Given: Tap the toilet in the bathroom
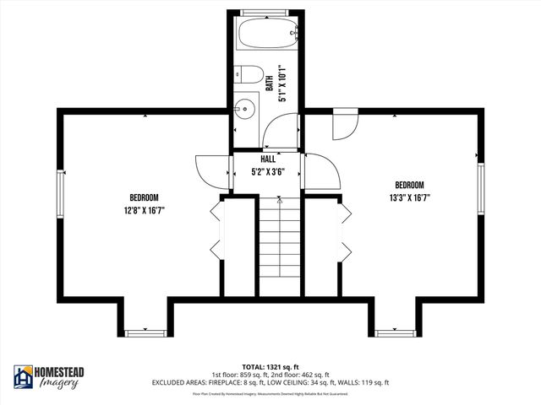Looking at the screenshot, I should click(x=246, y=75).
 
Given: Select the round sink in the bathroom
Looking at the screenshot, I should click(x=245, y=109).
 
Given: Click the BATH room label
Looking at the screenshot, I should click(x=270, y=83).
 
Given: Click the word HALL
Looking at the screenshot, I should click(x=268, y=159).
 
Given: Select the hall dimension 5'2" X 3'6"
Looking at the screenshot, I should click(x=268, y=171).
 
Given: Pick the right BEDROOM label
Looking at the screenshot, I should click(x=409, y=185).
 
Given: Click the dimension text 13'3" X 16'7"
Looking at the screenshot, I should click(x=409, y=198).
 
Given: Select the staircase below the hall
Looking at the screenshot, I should click(x=279, y=245).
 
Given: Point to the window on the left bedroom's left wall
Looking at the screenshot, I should click(x=60, y=196).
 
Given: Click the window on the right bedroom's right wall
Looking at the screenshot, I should click(x=480, y=192).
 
